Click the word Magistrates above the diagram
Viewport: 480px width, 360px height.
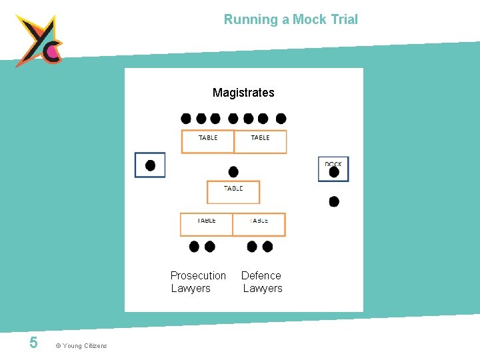click(x=243, y=93)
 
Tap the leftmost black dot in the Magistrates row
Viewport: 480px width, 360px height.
click(x=186, y=119)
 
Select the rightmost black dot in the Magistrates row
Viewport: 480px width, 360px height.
click(x=281, y=119)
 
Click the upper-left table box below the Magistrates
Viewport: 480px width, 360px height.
click(x=208, y=141)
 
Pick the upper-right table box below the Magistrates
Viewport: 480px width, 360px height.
click(x=260, y=141)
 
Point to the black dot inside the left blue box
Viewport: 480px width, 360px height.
click(x=151, y=165)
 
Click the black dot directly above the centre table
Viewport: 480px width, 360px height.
click(x=233, y=171)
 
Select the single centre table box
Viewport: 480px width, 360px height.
click(x=233, y=192)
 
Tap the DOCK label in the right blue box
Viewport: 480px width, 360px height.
click(x=333, y=164)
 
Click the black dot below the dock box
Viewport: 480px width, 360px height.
click(x=334, y=201)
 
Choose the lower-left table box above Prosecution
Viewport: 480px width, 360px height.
click(x=207, y=224)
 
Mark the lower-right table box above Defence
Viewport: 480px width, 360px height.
click(x=259, y=224)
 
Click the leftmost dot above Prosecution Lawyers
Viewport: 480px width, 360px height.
click(x=194, y=247)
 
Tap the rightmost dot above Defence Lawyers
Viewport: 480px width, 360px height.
click(x=267, y=247)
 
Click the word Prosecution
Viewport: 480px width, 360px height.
click(x=198, y=275)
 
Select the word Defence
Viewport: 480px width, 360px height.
click(x=261, y=275)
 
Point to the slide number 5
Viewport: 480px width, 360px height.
click(x=33, y=343)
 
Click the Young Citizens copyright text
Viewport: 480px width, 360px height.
click(x=81, y=345)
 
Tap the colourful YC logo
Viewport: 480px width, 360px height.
click(x=39, y=41)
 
